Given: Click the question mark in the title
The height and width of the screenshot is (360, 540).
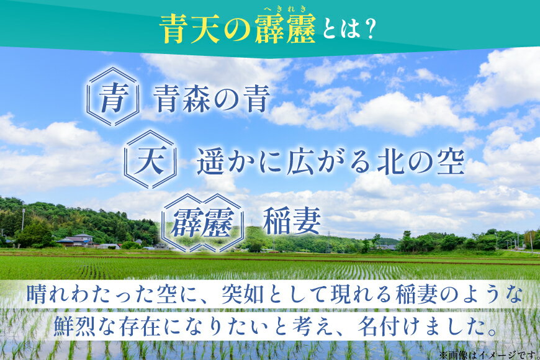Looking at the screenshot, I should point(371,29).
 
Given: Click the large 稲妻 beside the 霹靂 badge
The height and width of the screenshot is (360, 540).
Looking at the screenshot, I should point(292,221).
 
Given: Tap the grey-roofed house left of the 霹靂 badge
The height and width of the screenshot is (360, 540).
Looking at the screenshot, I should point(78,240).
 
